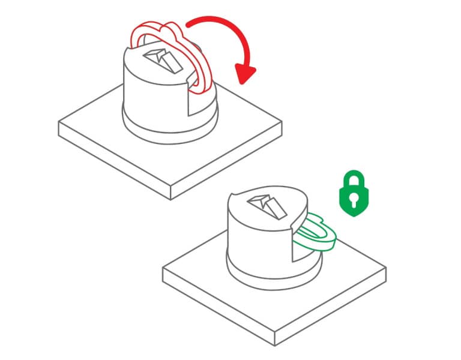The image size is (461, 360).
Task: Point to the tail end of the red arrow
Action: point(189,24)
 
